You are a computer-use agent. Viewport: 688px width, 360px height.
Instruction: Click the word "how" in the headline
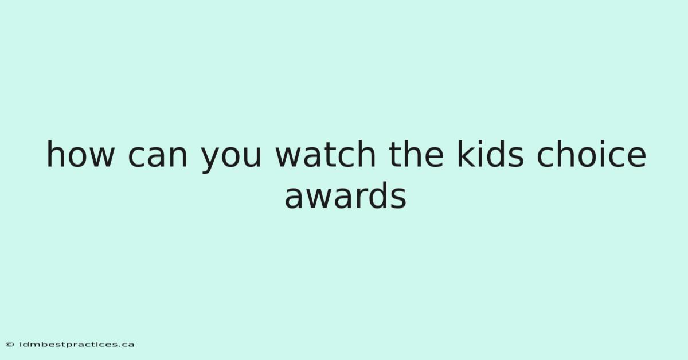80,154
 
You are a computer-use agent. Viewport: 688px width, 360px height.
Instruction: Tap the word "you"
231,160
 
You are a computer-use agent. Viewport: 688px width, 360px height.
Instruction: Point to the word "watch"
325,154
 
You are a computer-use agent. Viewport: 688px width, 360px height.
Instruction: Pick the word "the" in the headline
416,154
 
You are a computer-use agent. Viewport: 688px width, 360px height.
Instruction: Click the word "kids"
490,154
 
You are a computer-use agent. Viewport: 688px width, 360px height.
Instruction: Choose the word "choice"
591,154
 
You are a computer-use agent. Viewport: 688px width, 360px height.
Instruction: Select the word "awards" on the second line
346,195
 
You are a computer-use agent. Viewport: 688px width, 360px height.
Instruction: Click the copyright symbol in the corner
10,345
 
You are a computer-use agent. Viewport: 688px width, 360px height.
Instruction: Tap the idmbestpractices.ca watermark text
77,345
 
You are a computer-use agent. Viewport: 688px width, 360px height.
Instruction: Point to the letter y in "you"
212,160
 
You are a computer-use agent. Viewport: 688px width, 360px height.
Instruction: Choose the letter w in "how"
100,157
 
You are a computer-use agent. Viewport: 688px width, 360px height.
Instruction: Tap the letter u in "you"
252,157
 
